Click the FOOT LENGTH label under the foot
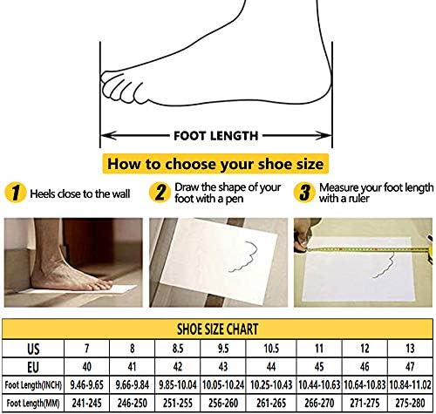coord(216,136)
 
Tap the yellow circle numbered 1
coord(16,193)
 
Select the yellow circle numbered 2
coord(160,193)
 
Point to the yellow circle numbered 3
coord(304,193)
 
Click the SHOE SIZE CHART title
coord(217,329)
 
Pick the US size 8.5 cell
coord(178,348)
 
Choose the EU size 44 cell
coord(271,367)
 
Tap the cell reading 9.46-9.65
coord(86,385)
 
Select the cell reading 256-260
coord(223,404)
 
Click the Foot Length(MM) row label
coord(33,404)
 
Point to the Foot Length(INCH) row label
coord(33,385)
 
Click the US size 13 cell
coord(410,348)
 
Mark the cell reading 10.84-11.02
coord(410,385)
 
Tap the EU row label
coord(33,367)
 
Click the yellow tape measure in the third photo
coord(367,249)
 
